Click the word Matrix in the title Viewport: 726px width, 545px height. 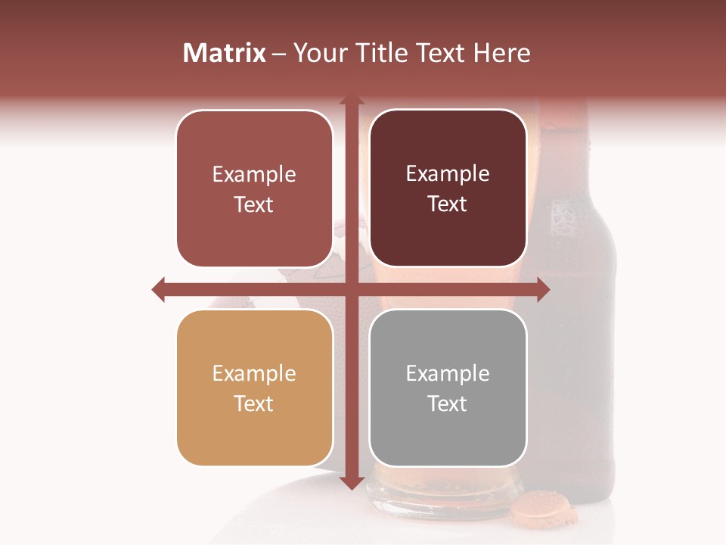tap(225, 53)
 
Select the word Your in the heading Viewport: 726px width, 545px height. tap(320, 53)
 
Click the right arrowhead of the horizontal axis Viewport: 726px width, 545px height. tap(542, 289)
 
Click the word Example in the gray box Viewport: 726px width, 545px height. tap(448, 373)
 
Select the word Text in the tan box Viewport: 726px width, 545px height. tap(254, 403)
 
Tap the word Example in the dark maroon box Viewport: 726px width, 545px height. tap(448, 174)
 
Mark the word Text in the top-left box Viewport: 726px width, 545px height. tap(254, 204)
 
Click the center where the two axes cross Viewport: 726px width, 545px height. tap(351, 289)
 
